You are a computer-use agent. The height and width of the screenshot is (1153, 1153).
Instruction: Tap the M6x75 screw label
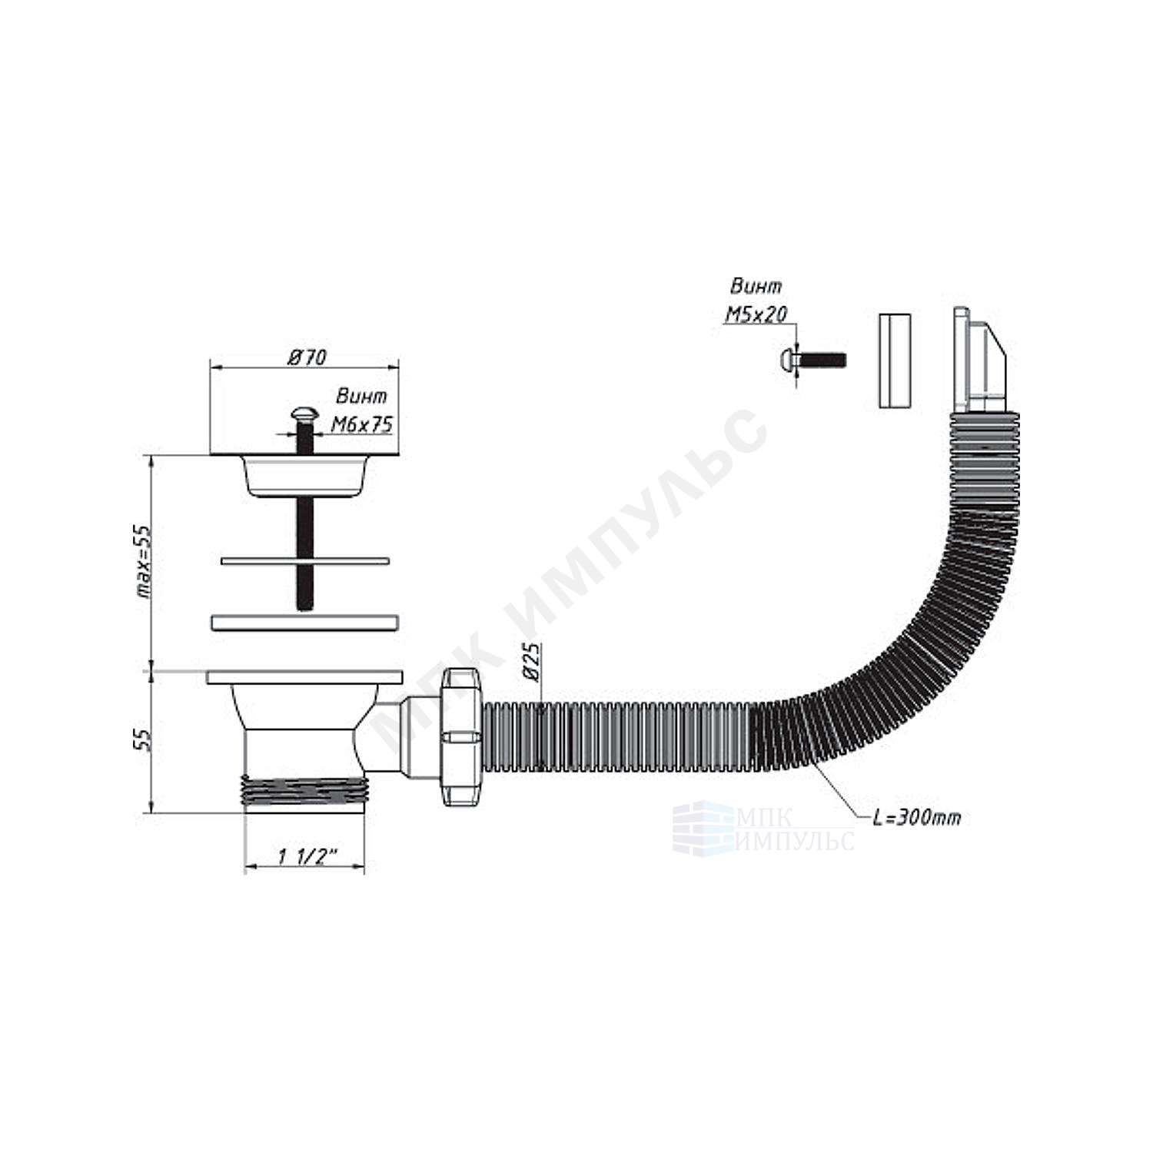[x=361, y=424]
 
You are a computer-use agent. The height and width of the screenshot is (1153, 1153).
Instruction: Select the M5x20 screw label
[x=756, y=314]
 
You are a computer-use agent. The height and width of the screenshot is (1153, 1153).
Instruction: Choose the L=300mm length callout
[x=916, y=817]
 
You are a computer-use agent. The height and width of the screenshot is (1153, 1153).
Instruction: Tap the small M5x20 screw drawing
[x=813, y=360]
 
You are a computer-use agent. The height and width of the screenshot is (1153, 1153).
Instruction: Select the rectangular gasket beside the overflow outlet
[x=895, y=360]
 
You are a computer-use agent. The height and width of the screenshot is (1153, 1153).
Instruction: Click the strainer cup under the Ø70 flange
[x=304, y=475]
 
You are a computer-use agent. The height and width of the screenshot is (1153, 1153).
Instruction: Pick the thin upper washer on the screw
[x=305, y=560]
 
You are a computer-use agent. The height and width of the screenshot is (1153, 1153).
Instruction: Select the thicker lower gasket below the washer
[x=304, y=622]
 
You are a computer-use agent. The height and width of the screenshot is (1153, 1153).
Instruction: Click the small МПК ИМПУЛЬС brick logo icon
[x=703, y=826]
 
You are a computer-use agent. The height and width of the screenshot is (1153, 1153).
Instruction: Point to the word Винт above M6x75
[x=361, y=397]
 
